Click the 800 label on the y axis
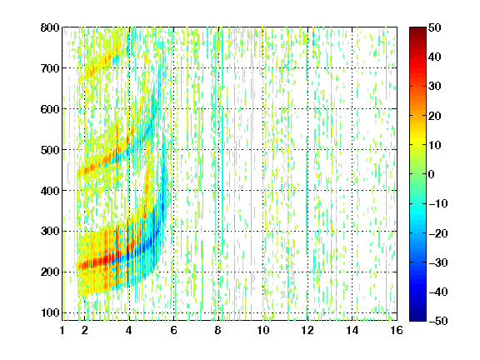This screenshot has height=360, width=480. pyautogui.click(x=50, y=27)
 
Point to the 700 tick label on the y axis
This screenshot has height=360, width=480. pyautogui.click(x=50, y=68)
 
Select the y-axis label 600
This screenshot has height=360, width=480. pyautogui.click(x=50, y=109)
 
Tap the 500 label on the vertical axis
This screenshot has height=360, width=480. pyautogui.click(x=50, y=150)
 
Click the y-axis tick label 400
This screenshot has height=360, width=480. pyautogui.click(x=50, y=191)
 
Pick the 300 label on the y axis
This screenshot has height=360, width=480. pyautogui.click(x=50, y=231)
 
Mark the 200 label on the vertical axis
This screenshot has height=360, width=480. pyautogui.click(x=50, y=272)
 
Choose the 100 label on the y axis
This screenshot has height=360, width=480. pyautogui.click(x=50, y=312)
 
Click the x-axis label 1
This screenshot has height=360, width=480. pyautogui.click(x=62, y=330)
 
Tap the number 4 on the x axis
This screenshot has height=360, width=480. pyautogui.click(x=129, y=330)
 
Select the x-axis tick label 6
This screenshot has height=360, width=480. pyautogui.click(x=173, y=330)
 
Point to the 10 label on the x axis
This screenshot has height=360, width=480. pyautogui.click(x=263, y=330)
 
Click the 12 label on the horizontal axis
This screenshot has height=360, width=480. pyautogui.click(x=307, y=330)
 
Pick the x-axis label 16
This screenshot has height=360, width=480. pyautogui.click(x=397, y=330)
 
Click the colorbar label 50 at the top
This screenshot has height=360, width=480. pyautogui.click(x=435, y=27)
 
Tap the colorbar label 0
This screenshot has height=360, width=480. pyautogui.click(x=432, y=174)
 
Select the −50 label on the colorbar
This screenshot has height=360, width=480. pyautogui.click(x=438, y=321)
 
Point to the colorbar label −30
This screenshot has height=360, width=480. pyautogui.click(x=438, y=262)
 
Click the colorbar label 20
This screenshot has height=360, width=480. pyautogui.click(x=435, y=116)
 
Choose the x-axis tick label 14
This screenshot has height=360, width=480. pyautogui.click(x=352, y=330)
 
